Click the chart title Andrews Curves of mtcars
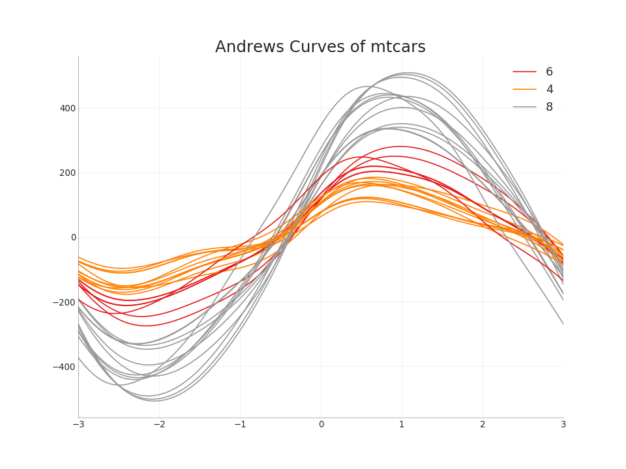[320, 48]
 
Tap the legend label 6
[549, 72]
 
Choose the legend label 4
[549, 89]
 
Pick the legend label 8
[549, 107]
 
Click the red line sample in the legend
[524, 72]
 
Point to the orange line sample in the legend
[524, 89]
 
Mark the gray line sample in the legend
[524, 107]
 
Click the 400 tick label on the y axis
[68, 108]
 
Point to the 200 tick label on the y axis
[68, 173]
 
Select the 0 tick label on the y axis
[74, 237]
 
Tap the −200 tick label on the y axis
[65, 302]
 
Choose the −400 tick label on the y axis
[65, 366]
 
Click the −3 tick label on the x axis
[78, 424]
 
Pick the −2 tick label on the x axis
[159, 424]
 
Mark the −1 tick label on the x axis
[240, 424]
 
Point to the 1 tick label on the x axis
[402, 424]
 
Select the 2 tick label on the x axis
[483, 424]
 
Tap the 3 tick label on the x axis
[563, 424]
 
